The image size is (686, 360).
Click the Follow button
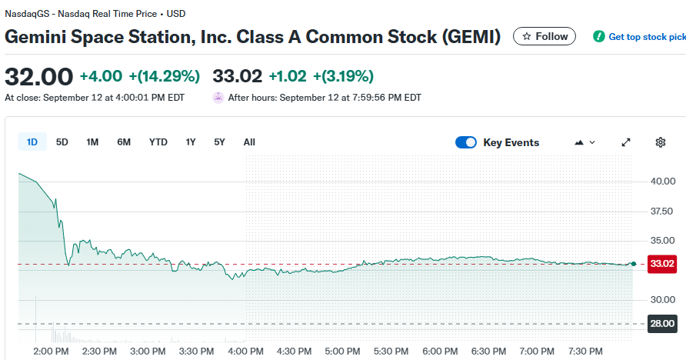(544, 36)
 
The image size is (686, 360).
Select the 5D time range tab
(62, 142)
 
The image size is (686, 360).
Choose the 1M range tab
(92, 142)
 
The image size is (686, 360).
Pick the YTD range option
(158, 142)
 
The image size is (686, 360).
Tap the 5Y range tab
(220, 142)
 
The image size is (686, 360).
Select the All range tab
(249, 142)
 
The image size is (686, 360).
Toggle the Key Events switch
(466, 142)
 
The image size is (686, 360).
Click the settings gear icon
(660, 142)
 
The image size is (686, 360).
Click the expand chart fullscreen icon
(626, 142)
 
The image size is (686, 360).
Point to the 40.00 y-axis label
(662, 182)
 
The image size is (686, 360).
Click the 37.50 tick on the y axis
(662, 211)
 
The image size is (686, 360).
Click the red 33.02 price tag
(662, 264)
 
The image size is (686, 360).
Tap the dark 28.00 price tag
(662, 324)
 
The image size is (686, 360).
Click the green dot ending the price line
(633, 264)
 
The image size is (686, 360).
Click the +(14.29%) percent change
(164, 76)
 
